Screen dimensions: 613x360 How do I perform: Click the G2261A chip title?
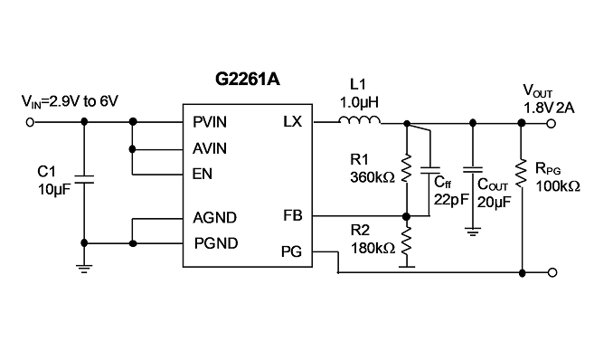click(248, 79)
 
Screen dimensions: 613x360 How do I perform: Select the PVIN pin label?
click(210, 122)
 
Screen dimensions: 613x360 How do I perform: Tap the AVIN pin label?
click(210, 148)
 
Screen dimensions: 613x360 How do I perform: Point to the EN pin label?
click(203, 174)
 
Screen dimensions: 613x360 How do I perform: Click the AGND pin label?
click(214, 218)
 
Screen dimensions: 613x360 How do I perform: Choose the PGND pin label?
click(216, 243)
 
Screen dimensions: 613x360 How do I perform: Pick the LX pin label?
click(293, 122)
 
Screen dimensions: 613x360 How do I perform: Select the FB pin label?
click(293, 215)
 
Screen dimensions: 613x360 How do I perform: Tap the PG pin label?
click(292, 251)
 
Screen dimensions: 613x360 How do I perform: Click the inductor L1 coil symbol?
click(359, 120)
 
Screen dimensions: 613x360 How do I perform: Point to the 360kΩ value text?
click(373, 177)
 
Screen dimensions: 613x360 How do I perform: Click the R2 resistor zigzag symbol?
click(407, 242)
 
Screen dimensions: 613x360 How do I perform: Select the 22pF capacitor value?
click(451, 200)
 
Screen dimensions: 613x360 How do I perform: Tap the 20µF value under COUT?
click(495, 202)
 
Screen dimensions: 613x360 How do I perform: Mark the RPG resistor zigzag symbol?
click(521, 174)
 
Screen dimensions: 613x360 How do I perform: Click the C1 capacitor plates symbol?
click(84, 179)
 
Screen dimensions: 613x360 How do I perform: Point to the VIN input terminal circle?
click(30, 122)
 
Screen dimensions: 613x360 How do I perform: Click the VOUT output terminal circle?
click(552, 124)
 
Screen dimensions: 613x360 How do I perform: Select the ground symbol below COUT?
click(473, 232)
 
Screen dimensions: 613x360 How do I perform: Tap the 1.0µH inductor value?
click(359, 102)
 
